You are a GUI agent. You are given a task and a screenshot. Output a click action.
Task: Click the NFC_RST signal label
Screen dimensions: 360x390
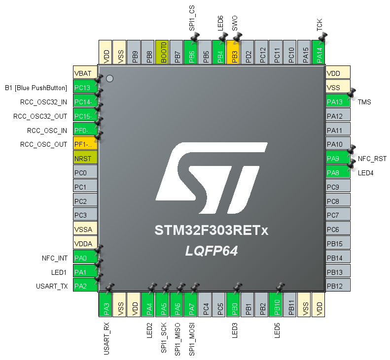372,159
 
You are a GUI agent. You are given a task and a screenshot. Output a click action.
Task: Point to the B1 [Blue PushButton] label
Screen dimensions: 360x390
35,88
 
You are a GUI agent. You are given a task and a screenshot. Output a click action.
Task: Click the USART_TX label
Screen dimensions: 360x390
52,286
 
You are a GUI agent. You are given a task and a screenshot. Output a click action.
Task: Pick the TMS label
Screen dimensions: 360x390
364,102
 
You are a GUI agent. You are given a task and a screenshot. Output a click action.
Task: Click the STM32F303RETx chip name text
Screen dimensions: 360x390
212,230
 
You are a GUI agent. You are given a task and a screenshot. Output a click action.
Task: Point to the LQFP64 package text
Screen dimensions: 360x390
212,251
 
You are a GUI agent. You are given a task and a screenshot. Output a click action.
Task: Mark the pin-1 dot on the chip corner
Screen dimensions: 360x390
110,78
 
